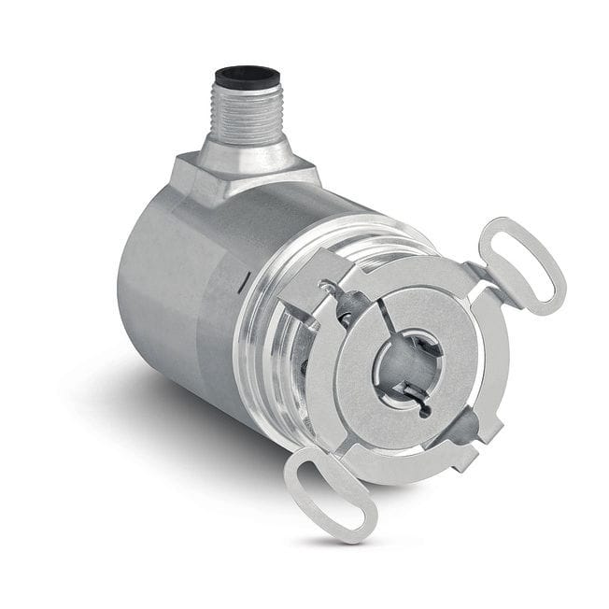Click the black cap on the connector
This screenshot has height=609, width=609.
tap(248, 75)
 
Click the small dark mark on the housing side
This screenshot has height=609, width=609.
tap(239, 277)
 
